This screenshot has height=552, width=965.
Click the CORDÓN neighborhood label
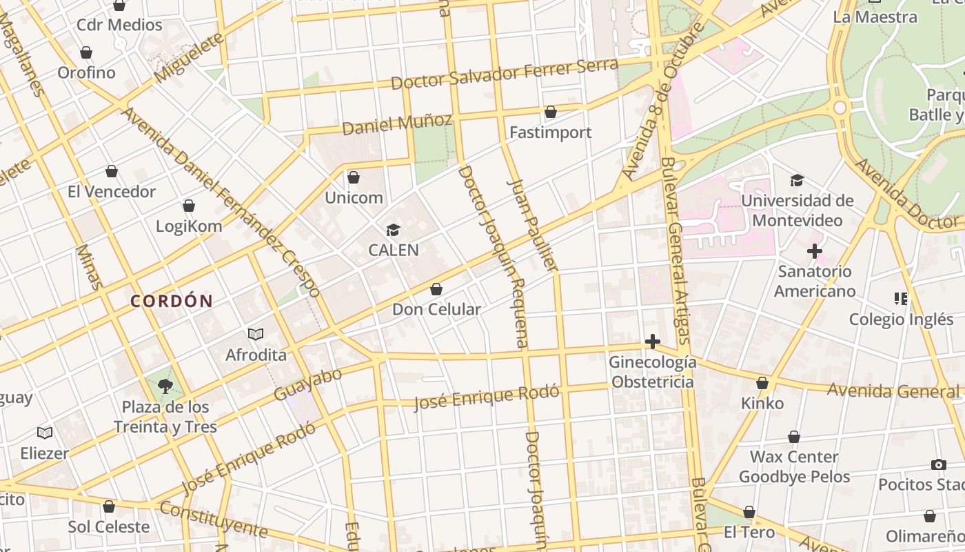172,301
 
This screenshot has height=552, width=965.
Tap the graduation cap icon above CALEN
393,230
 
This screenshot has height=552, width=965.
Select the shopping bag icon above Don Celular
436,289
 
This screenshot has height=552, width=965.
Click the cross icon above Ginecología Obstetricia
652,342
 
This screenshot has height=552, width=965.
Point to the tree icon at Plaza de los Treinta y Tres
165,386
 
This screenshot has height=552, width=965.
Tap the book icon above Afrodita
256,335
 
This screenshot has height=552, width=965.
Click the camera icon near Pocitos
938,464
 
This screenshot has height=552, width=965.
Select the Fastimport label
550,132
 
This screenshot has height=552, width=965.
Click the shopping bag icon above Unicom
354,177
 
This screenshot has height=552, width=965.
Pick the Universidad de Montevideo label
798,210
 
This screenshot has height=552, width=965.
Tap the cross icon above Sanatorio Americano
814,251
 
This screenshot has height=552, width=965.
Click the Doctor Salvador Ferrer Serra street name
504,74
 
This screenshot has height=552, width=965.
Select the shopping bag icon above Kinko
762,383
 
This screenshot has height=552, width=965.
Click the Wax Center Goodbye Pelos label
794,466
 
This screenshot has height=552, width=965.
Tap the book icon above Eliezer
45,433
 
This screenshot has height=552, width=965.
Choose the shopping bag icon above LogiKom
189,206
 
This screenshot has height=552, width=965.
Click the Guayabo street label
307,384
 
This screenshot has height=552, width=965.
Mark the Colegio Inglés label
900,319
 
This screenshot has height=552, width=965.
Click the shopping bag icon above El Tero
749,513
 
